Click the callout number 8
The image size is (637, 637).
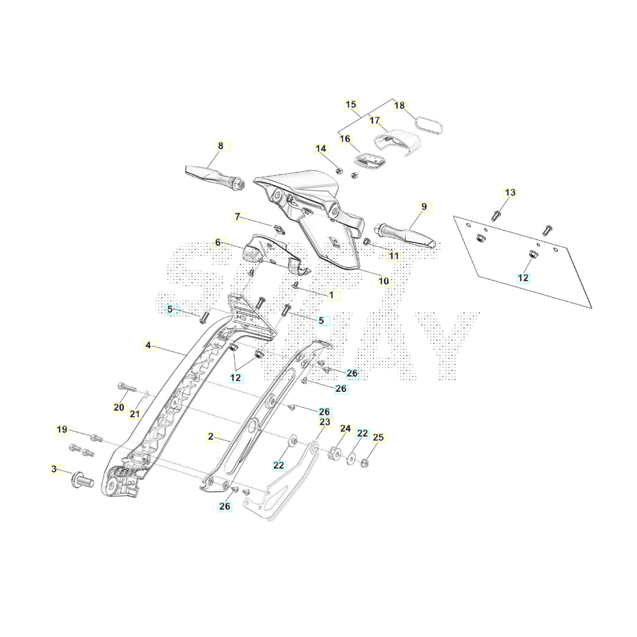point(221,146)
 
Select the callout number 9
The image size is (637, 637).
point(424,207)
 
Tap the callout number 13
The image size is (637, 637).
point(510,192)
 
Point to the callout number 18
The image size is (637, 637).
point(399,106)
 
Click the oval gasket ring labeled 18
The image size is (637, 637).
point(428,125)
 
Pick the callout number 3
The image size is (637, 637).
point(54,469)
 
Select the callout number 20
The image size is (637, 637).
point(119,408)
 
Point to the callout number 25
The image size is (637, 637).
point(378,438)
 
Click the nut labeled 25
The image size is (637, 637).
point(365,462)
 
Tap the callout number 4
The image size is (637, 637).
point(148,345)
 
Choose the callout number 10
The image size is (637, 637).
point(383,281)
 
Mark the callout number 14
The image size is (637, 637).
point(321,149)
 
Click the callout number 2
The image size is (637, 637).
point(211,437)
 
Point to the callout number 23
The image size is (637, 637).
point(325,422)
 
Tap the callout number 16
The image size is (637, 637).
point(345,139)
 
